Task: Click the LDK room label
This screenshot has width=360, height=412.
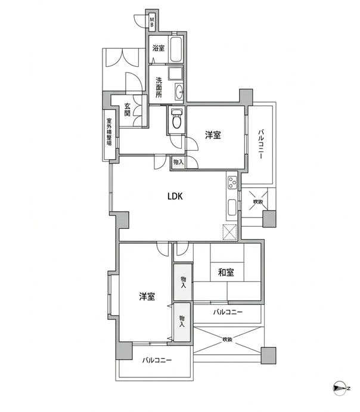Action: [175, 196]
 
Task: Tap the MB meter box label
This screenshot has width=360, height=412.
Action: [152, 22]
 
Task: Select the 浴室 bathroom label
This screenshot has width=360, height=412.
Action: [159, 48]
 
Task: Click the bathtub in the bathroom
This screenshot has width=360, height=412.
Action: [176, 49]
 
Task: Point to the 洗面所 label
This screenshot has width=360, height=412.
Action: [159, 88]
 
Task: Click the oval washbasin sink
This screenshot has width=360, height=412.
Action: [179, 91]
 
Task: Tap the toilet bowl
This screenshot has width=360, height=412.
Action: [176, 120]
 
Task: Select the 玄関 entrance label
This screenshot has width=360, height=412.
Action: [127, 110]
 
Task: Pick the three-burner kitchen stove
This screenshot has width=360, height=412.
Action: [232, 182]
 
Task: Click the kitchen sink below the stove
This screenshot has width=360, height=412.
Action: [232, 207]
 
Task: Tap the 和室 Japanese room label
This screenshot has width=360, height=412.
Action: [226, 272]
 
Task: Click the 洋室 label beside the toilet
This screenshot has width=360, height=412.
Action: [213, 135]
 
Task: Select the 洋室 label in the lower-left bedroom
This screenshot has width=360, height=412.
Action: [147, 297]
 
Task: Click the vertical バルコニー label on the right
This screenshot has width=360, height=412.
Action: [260, 144]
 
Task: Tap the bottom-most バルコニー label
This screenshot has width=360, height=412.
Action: [157, 360]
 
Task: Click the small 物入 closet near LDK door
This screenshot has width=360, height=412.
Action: [178, 162]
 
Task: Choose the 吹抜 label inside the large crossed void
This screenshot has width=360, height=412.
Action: [228, 339]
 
